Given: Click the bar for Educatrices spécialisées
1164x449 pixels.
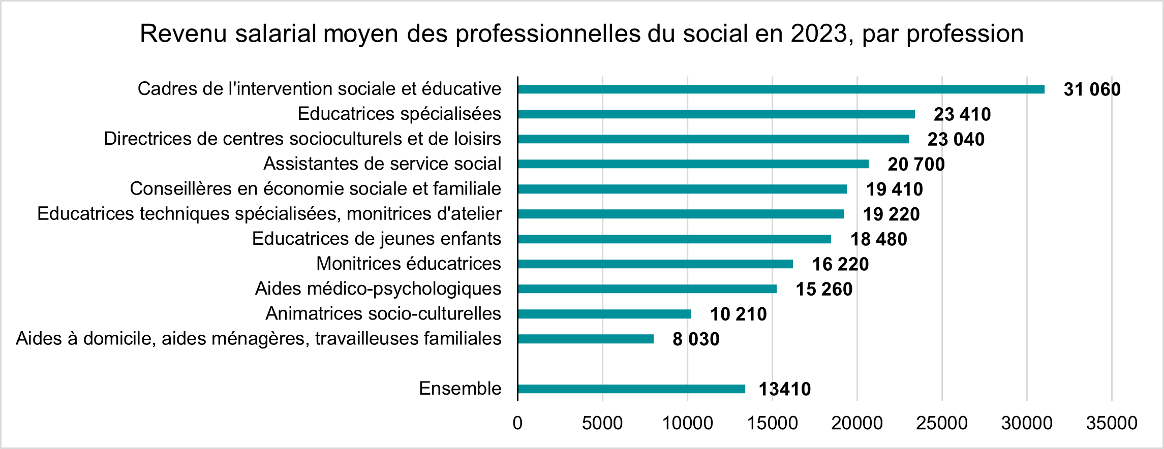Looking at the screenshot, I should pyautogui.click(x=716, y=114).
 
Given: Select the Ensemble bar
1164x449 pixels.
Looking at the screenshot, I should pyautogui.click(x=631, y=389).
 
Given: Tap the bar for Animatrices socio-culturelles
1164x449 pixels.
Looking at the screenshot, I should pyautogui.click(x=604, y=314).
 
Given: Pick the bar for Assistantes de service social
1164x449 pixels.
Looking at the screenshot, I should pyautogui.click(x=693, y=164).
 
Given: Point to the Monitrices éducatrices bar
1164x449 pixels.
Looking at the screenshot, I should pyautogui.click(x=655, y=264).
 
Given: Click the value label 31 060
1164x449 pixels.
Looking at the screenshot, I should pyautogui.click(x=1092, y=89).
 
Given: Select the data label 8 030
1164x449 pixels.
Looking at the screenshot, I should pyautogui.click(x=696, y=339).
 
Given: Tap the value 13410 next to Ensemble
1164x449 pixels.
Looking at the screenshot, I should pyautogui.click(x=784, y=389).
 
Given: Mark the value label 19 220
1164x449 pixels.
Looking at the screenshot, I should pyautogui.click(x=891, y=214).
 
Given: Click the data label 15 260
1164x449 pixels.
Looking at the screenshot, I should pyautogui.click(x=824, y=290).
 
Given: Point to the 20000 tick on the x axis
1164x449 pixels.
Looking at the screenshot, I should pyautogui.click(x=857, y=423).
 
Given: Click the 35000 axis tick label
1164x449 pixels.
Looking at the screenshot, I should pyautogui.click(x=1111, y=423).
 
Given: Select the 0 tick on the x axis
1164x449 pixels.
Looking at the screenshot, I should pyautogui.click(x=517, y=423).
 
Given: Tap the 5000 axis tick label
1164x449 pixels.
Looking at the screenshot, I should pyautogui.click(x=602, y=423).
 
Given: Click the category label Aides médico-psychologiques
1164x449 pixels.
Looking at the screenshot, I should pyautogui.click(x=378, y=288).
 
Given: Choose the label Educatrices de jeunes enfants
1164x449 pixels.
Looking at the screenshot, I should pyautogui.click(x=376, y=239).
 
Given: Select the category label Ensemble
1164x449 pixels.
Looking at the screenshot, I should pyautogui.click(x=460, y=389).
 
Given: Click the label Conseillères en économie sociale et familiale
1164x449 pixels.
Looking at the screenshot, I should pyautogui.click(x=315, y=188).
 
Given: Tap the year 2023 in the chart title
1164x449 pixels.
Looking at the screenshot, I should pyautogui.click(x=819, y=34).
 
